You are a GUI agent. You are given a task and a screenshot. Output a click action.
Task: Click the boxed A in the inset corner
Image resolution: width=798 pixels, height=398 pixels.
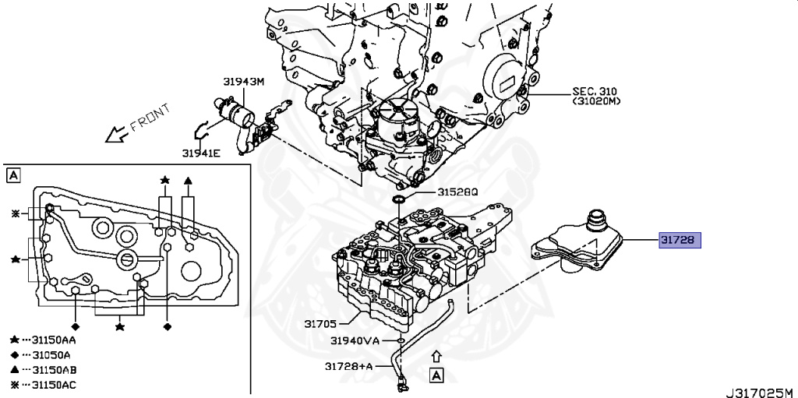tap(13, 176)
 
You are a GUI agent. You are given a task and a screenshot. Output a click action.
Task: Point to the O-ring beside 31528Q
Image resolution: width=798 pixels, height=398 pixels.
tap(399, 201)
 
